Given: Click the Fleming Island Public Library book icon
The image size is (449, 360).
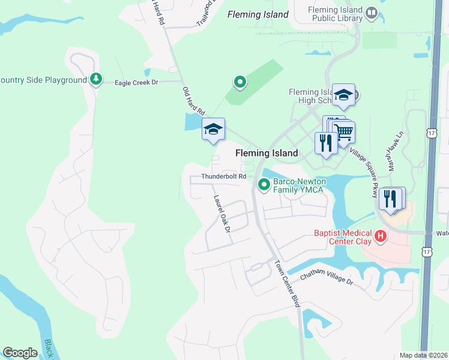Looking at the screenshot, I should [x=372, y=13].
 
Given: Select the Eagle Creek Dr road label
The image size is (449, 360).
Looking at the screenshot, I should [x=136, y=83].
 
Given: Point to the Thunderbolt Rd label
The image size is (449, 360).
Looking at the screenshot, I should [x=223, y=176].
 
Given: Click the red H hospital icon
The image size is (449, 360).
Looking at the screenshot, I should [x=379, y=237].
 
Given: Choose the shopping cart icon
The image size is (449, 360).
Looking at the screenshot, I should [x=343, y=133].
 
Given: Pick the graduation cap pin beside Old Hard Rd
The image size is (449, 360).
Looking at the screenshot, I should [x=213, y=129].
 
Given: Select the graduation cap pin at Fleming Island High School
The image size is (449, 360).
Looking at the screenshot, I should [x=343, y=95].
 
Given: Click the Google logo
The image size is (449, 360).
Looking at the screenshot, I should [x=20, y=353].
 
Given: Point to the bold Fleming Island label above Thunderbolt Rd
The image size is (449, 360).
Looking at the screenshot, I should [x=267, y=153].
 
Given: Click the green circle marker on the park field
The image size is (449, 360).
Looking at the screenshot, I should [x=240, y=82].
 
